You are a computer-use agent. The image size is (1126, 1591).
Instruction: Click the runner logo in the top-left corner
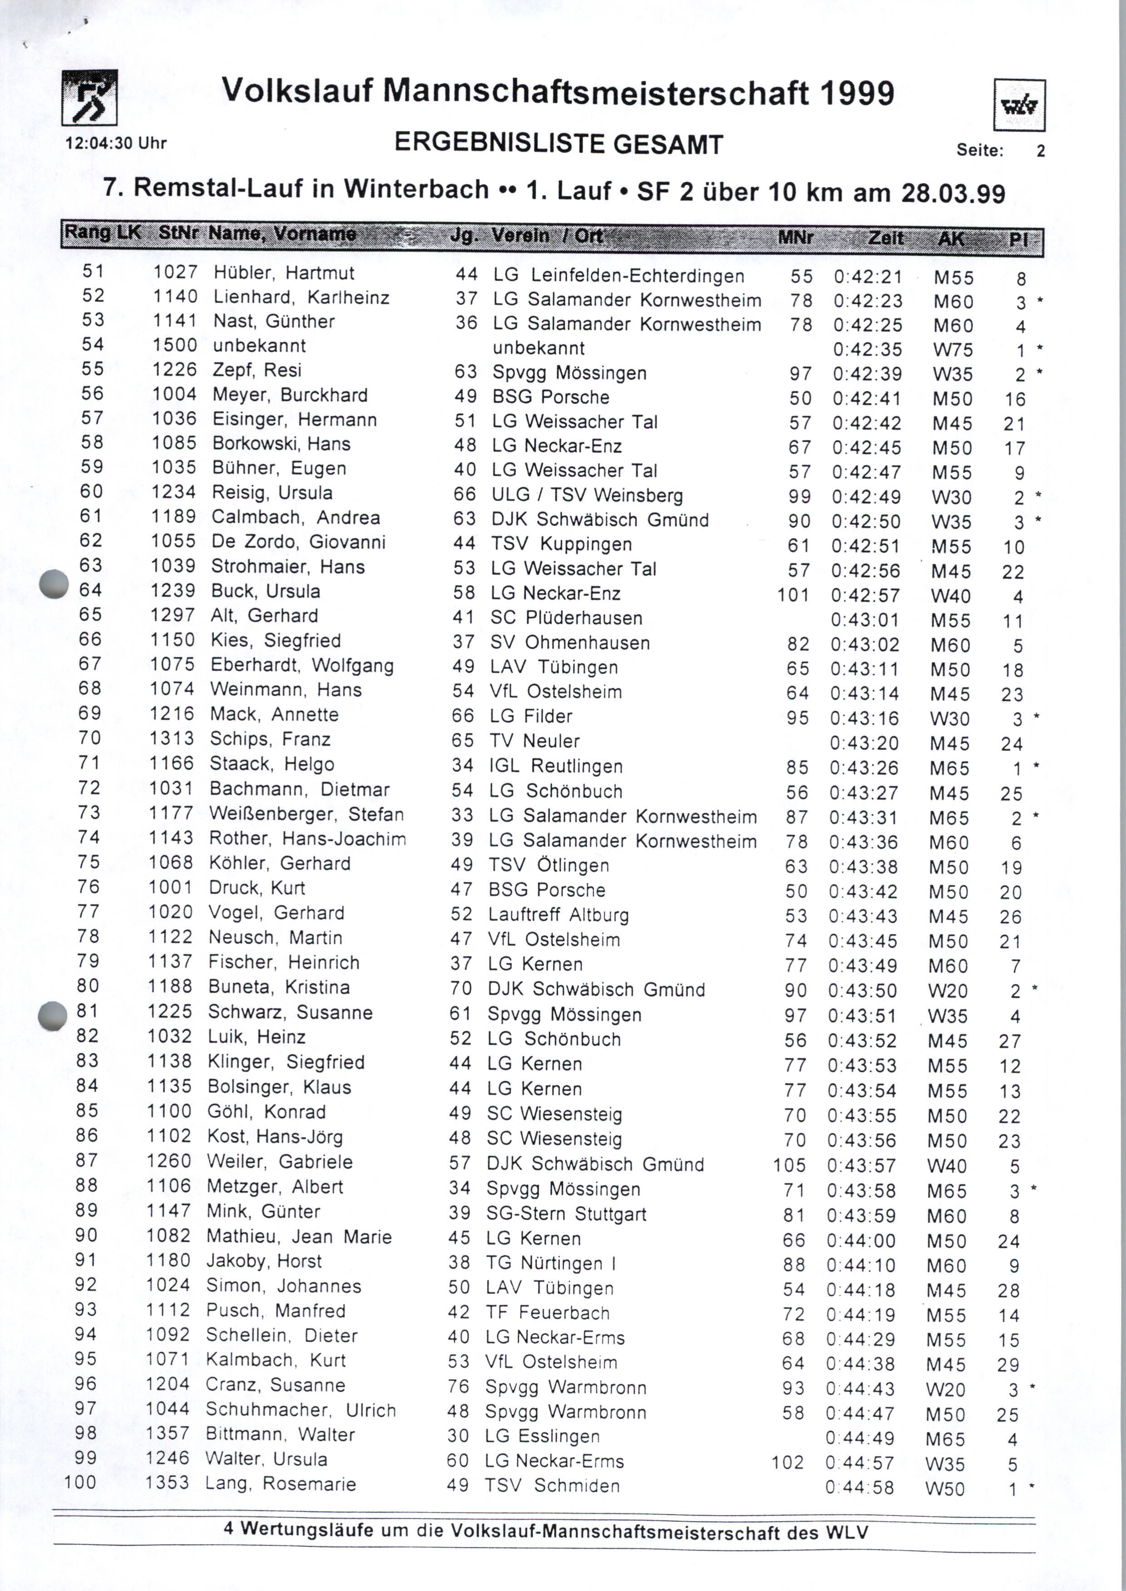click(89, 98)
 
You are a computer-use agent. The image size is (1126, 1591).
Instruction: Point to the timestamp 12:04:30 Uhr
click(116, 143)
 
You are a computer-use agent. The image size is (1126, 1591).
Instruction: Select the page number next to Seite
click(1040, 150)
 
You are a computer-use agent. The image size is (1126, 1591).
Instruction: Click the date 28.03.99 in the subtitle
click(953, 193)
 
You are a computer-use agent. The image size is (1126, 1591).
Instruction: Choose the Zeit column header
click(885, 238)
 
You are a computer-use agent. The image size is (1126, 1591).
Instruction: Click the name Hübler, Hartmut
click(284, 273)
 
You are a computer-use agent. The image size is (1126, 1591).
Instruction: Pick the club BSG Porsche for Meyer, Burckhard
click(551, 397)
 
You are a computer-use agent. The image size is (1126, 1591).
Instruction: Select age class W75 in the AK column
click(953, 350)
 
